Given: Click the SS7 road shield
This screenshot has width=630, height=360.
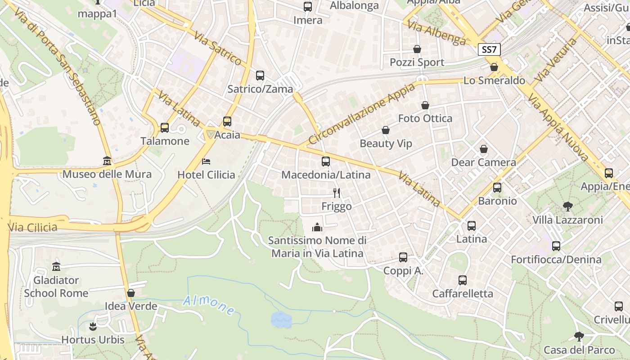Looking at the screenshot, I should pos(489,49).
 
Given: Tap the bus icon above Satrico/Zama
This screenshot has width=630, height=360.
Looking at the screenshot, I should pos(260,75).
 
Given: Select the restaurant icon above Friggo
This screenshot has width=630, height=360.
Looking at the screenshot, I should pos(336,193).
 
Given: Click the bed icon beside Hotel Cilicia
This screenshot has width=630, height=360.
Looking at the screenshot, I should pos(206,161).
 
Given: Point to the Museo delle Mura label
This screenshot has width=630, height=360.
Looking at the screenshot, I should pos(107,174).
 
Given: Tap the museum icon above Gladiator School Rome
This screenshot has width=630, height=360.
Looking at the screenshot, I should pos(56,266).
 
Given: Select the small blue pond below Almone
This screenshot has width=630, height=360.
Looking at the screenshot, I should pos(281,319).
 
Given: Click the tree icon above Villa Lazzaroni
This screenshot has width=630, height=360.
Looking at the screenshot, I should pos(567,207).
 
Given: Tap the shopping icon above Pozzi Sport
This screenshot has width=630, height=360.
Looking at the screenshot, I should pos(417,49).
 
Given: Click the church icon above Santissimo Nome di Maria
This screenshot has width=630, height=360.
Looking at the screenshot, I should pos(317,227).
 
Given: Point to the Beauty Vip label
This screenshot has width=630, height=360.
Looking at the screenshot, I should pos(386,144).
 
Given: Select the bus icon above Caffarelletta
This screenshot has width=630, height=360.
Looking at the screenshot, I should pos(462,280).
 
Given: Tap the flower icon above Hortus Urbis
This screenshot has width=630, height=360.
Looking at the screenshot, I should pos(93,326).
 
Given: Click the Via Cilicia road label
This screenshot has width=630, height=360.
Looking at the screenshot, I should pos(32,227).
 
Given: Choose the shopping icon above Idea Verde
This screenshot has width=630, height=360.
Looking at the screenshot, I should pos(131,293).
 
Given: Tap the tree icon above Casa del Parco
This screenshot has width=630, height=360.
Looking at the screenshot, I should pos(579,337).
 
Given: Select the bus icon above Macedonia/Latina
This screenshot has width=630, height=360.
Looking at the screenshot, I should pos(326,161).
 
